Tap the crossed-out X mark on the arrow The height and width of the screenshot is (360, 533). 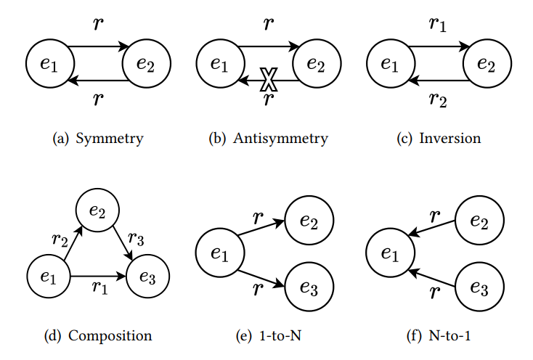point(269,78)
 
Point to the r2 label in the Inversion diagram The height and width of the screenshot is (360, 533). point(439,99)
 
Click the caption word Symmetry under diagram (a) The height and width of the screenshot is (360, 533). point(113,138)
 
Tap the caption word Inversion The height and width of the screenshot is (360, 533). point(449,138)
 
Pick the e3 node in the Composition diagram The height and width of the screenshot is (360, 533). point(148,277)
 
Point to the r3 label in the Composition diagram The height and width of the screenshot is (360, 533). point(137,239)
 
